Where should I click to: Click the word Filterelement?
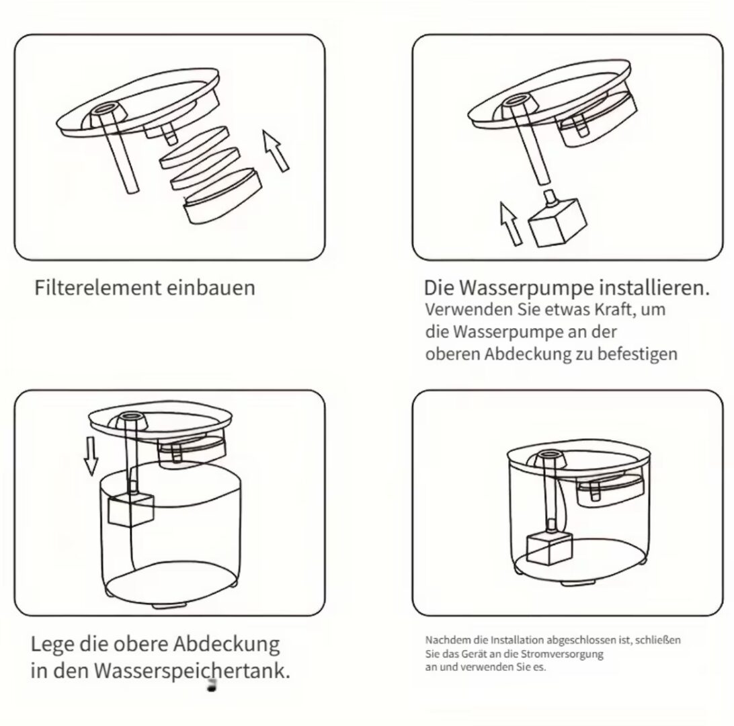tap(97, 288)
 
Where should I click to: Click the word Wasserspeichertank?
tap(192, 672)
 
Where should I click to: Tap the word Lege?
tap(52, 645)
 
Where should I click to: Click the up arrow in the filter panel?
tap(276, 151)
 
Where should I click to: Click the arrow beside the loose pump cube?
tap(510, 224)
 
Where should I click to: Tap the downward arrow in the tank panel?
tap(91, 456)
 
